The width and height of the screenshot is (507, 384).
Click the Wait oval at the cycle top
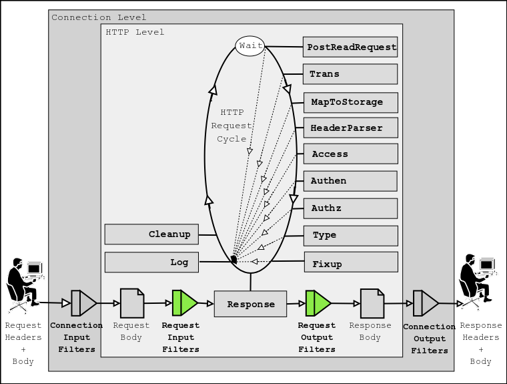pos(250,46)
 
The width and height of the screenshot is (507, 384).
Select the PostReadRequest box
pos(350,47)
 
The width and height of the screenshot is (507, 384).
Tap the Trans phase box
pos(350,74)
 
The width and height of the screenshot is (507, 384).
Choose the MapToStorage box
pos(350,102)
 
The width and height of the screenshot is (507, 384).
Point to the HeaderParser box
pos(350,127)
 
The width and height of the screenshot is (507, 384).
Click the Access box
pos(350,154)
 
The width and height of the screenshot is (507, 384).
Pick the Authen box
pos(350,181)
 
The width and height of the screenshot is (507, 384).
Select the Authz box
pos(350,208)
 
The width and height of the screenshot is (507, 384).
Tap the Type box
pos(350,235)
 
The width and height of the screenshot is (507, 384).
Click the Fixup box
pos(350,262)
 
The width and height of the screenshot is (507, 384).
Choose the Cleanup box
pos(151,234)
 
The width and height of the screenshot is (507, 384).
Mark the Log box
pos(151,262)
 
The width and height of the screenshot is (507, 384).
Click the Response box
pos(250,304)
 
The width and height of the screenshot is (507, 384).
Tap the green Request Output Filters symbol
pos(318,303)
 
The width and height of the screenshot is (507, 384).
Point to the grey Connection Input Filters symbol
pos(83,303)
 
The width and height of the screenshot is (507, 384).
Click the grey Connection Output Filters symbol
pos(425,303)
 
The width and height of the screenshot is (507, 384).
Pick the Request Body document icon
pos(131,303)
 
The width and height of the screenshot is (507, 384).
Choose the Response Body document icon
pos(372,303)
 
